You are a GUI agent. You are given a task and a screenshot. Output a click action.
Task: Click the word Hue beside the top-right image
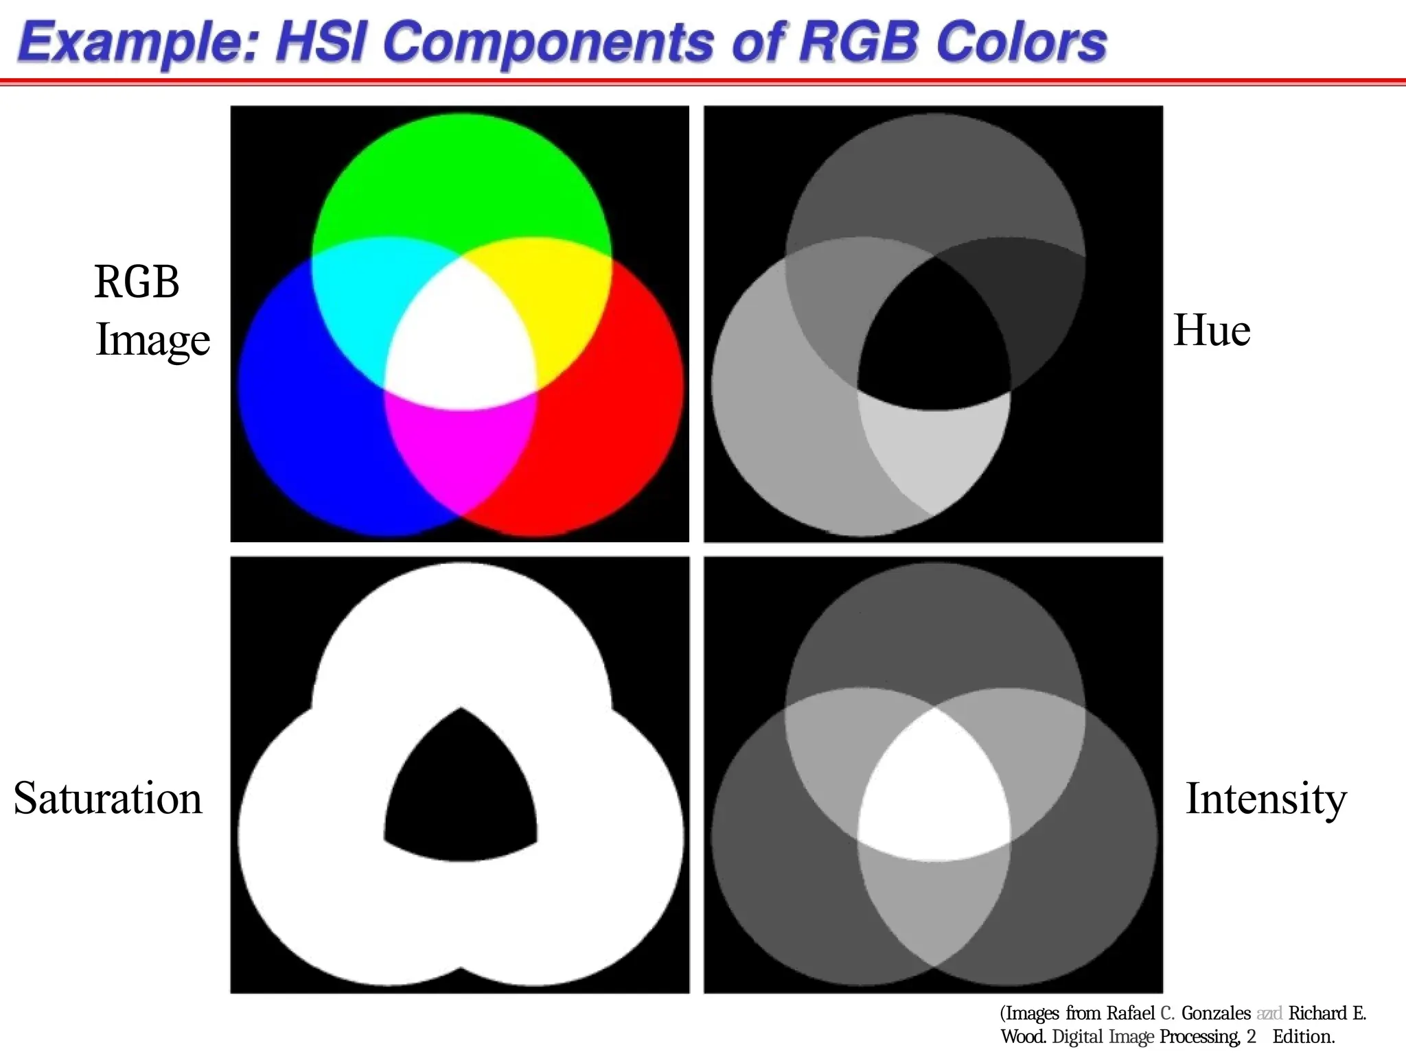coord(1212,331)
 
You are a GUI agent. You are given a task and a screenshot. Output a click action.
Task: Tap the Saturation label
coord(108,799)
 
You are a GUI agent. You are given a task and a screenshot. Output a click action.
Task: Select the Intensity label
coord(1266,799)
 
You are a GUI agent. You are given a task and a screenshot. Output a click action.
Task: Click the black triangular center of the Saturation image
coord(460,796)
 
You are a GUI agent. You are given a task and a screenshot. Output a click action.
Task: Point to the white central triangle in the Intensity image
coord(934,796)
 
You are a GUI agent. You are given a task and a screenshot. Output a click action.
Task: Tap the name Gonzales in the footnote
coord(1216,1014)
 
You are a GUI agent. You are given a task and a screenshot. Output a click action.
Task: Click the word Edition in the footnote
coord(1303,1037)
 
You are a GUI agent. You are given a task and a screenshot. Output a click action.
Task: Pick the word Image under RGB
coord(152,340)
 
